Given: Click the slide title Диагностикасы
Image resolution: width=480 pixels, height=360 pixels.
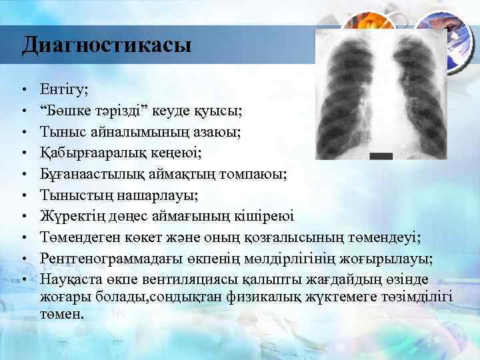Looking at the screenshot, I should pyautogui.click(x=106, y=45).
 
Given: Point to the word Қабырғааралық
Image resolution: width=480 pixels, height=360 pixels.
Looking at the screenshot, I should pyautogui.click(x=100, y=153).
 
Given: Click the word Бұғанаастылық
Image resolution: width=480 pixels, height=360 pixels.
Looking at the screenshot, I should pyautogui.click(x=96, y=174).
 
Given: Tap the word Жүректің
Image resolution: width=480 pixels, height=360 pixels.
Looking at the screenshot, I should pyautogui.click(x=74, y=216).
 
